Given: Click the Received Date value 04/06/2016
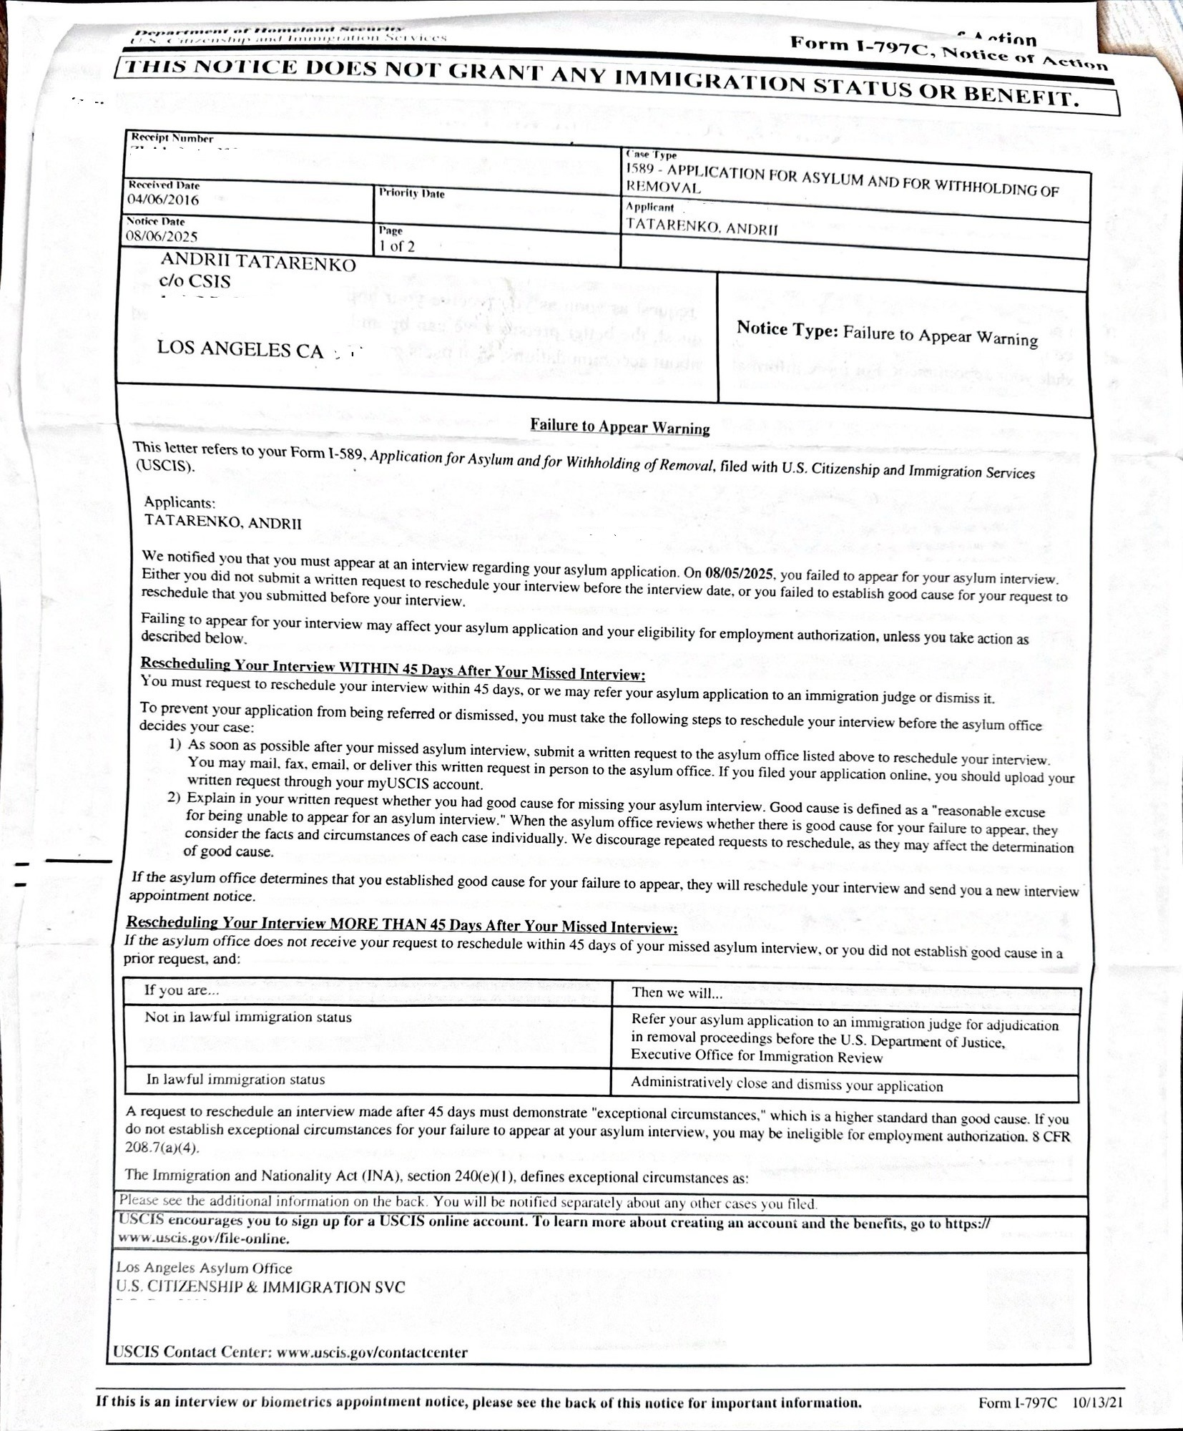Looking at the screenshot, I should pos(163,200).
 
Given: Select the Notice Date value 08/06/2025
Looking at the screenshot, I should pos(162,236).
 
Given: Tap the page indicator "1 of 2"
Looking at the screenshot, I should pos(397,246).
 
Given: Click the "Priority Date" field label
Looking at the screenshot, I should pos(411,193).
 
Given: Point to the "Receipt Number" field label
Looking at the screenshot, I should pos(172,138).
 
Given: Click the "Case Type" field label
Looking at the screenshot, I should pos(651,155).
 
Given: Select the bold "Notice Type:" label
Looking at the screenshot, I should pos(787,329).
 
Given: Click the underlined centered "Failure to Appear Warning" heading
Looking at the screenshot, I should pos(619,427).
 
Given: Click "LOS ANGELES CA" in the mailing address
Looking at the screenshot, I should pos(240,349).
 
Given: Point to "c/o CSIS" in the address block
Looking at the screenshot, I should pos(195,281).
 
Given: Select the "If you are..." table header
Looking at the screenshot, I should pos(182,990).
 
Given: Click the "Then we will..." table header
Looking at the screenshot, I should pos(677,992).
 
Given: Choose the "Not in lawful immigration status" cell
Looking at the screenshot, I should pos(248,1017).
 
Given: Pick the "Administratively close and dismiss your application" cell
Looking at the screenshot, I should pos(786,1085).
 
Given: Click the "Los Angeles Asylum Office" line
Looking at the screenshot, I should pos(205,1268).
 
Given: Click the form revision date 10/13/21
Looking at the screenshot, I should pos(1096,1402).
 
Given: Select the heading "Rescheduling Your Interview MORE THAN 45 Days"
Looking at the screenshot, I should pos(401,925).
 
